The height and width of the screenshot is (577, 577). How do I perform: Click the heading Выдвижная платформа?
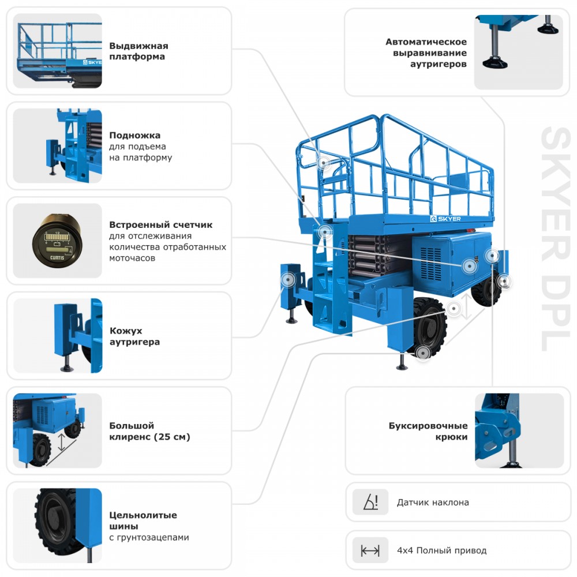(138, 51)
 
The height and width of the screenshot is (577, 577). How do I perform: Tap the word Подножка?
(135, 136)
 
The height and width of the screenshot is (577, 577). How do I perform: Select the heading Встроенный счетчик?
(161, 224)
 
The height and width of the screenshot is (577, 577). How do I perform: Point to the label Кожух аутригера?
(134, 336)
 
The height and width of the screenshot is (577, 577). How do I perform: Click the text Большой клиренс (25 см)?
(149, 431)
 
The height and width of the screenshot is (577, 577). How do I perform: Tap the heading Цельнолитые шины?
(143, 520)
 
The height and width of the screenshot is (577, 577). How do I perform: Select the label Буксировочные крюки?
(428, 431)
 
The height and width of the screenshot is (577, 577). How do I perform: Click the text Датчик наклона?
(433, 502)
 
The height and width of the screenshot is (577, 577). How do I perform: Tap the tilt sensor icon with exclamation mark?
(370, 502)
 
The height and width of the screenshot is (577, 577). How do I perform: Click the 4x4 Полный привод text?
(441, 550)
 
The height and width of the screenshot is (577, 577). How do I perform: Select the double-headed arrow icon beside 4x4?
(370, 550)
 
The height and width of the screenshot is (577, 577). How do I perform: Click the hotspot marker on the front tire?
(424, 352)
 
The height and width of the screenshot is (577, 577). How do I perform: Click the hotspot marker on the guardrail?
(324, 163)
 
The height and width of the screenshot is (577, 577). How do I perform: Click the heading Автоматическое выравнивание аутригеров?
(426, 53)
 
